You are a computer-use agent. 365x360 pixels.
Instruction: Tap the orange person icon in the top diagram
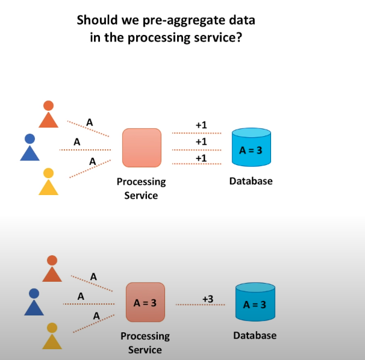48,114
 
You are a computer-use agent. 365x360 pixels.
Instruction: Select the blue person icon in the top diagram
30,148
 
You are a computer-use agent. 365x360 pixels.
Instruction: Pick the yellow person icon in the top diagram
48,182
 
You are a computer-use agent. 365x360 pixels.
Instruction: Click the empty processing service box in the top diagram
142,147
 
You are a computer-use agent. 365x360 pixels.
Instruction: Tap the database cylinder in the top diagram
251,147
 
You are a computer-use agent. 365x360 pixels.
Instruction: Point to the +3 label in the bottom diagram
208,299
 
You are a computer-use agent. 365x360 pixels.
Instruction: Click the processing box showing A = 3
145,302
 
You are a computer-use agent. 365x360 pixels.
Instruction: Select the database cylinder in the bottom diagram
254,302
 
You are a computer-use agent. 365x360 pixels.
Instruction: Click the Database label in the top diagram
251,181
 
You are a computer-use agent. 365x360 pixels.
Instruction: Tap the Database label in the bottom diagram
255,335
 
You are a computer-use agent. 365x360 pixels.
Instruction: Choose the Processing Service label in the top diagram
141,188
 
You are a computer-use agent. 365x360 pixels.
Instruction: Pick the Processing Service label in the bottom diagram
145,343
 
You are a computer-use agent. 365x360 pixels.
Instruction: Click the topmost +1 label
201,125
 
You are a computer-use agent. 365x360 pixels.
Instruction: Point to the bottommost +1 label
201,157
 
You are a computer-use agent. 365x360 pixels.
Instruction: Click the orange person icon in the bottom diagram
52,269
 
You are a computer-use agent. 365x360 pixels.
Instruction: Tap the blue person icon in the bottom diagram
34,302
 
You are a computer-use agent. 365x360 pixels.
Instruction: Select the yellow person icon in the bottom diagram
52,337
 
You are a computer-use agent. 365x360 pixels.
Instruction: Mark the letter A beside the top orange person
90,122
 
